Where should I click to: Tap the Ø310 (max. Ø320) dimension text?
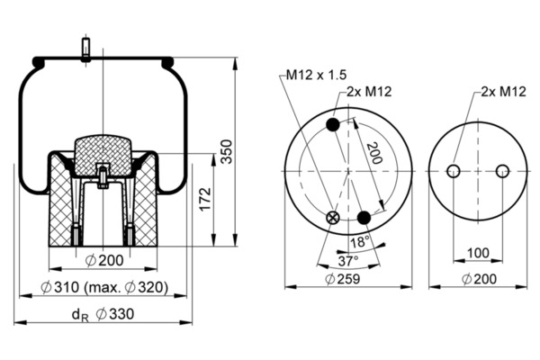point(106,288)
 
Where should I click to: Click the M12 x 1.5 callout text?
point(317,76)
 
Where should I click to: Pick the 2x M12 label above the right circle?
point(503,91)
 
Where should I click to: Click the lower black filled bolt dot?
point(364,218)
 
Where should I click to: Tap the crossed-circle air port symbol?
point(333,217)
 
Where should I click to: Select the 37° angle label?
point(347,260)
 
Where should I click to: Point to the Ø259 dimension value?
point(347,279)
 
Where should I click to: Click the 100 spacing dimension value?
point(477,254)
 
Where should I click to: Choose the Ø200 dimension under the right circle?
point(477,279)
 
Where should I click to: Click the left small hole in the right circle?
point(453,171)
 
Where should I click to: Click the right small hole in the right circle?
point(502,171)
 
